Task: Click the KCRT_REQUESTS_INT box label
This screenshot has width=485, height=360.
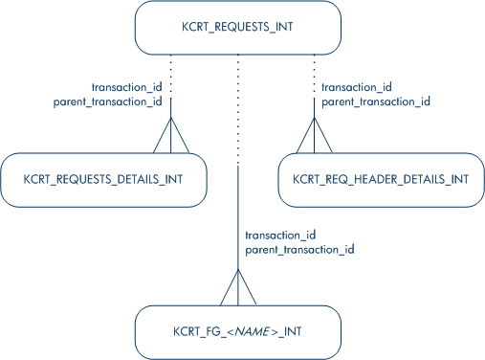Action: pos(237,27)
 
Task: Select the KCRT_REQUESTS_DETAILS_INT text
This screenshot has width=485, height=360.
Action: pos(103,179)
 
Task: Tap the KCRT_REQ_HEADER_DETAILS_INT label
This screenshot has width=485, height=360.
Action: pos(381,179)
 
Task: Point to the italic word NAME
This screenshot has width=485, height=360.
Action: pos(253,331)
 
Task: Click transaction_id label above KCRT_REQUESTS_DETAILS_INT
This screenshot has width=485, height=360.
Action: pos(127,87)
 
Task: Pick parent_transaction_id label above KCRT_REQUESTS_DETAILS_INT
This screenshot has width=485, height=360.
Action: pos(108,101)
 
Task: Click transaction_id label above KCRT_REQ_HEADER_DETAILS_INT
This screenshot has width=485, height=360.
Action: pos(357,87)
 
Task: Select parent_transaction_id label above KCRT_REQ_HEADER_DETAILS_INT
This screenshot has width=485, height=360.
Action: pos(376,101)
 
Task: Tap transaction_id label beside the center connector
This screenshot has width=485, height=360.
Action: pos(280,235)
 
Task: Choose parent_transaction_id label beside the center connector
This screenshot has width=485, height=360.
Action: pos(299,249)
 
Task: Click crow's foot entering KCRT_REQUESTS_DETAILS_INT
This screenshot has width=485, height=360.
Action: pos(171,135)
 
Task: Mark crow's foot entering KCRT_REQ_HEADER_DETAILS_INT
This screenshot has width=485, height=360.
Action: pos(315,135)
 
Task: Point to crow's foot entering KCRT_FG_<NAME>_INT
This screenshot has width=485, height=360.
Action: pos(238,287)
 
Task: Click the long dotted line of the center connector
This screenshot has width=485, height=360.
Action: pos(238,109)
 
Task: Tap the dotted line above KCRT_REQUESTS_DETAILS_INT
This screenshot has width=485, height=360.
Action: pos(171,75)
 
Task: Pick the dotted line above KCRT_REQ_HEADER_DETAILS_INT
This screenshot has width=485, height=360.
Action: pos(315,75)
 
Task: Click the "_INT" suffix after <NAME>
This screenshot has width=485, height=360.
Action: pos(290,332)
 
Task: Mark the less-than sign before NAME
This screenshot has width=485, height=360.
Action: pos(231,332)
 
